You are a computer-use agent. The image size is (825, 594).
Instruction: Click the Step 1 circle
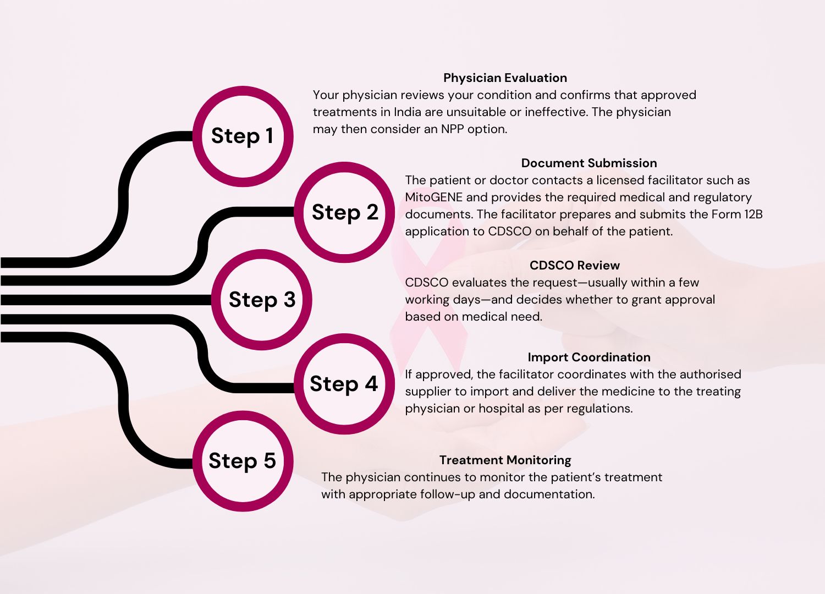pyautogui.click(x=243, y=136)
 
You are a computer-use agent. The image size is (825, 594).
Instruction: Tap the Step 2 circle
pyautogui.click(x=344, y=212)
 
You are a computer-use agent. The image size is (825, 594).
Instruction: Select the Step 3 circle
pyautogui.click(x=262, y=300)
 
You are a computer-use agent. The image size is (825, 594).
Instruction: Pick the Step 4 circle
pyautogui.click(x=344, y=384)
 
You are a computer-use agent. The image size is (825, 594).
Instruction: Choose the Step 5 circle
pyautogui.click(x=243, y=461)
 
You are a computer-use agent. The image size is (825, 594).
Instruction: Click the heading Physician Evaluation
pyautogui.click(x=505, y=78)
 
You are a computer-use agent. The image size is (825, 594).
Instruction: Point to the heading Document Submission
pyautogui.click(x=588, y=163)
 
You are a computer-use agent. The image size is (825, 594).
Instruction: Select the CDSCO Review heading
pyautogui.click(x=574, y=266)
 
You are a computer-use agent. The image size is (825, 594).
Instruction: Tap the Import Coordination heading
pyautogui.click(x=588, y=358)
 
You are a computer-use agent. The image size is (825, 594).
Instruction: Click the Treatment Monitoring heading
pyautogui.click(x=505, y=460)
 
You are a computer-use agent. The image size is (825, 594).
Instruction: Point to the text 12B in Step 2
pyautogui.click(x=753, y=215)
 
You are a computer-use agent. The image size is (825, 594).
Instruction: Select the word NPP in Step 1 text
pyautogui.click(x=452, y=129)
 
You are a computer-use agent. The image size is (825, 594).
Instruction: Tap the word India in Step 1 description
pyautogui.click(x=407, y=112)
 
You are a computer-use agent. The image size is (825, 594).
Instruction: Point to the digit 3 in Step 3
pyautogui.click(x=289, y=300)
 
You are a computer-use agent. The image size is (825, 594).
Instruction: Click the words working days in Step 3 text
pyautogui.click(x=442, y=300)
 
